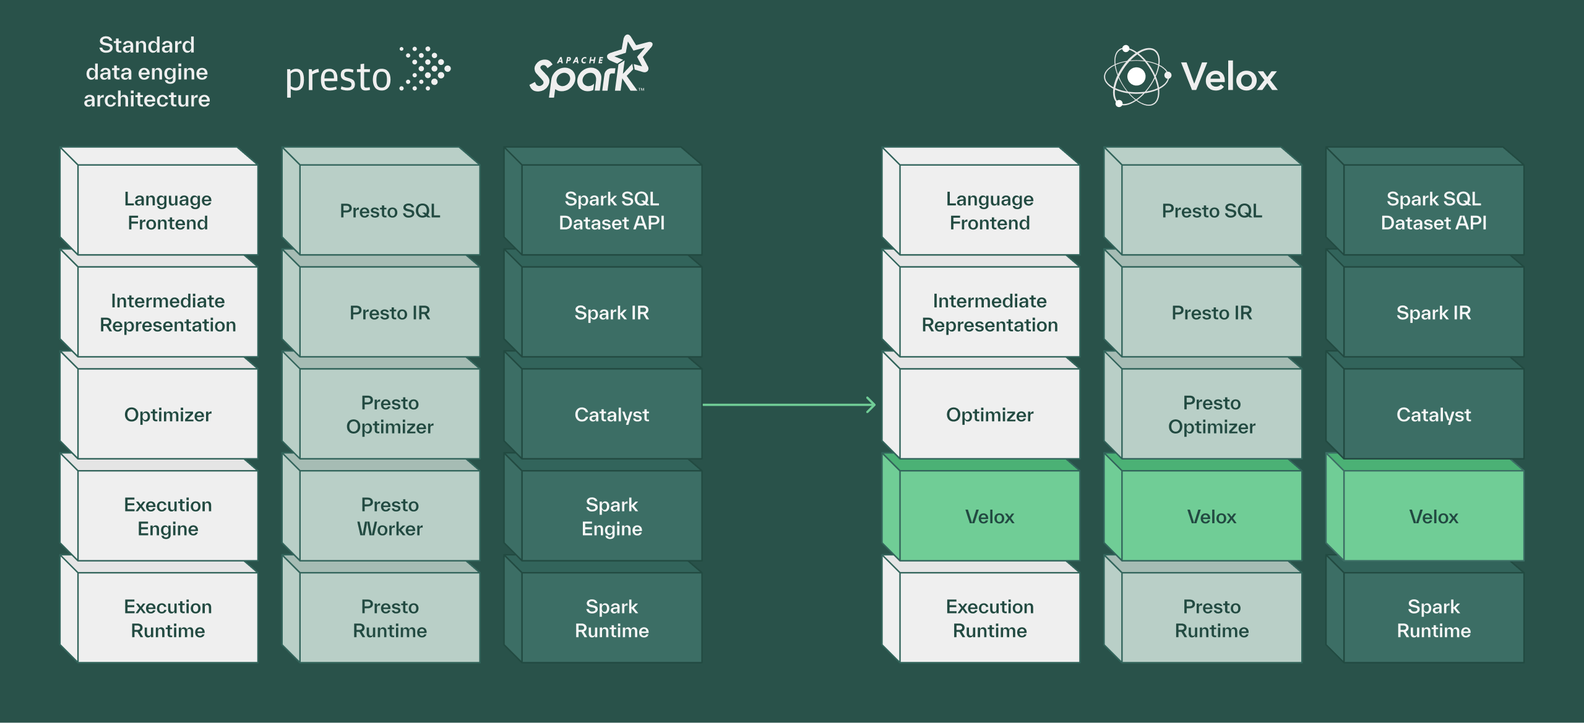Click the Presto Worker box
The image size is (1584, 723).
[390, 516]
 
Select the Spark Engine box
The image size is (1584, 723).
[611, 516]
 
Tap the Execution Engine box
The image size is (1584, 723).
[168, 516]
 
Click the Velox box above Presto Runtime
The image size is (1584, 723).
[1212, 516]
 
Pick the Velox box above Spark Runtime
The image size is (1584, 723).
[1433, 516]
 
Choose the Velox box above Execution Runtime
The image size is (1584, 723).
[989, 516]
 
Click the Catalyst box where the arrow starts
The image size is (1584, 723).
[611, 414]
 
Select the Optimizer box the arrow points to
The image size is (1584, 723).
[989, 414]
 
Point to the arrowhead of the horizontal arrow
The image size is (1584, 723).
[871, 405]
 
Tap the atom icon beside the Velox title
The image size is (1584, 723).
[1137, 76]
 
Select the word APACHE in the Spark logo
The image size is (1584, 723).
[580, 60]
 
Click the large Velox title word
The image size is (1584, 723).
[1229, 77]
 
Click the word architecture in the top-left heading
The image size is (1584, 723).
[147, 99]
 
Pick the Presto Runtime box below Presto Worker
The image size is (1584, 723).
[390, 618]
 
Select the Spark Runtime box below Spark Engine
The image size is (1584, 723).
[611, 618]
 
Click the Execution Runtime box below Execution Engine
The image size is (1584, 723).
[168, 618]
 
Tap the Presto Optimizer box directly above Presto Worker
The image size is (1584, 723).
[390, 414]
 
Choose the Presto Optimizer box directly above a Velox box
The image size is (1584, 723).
[1212, 414]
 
